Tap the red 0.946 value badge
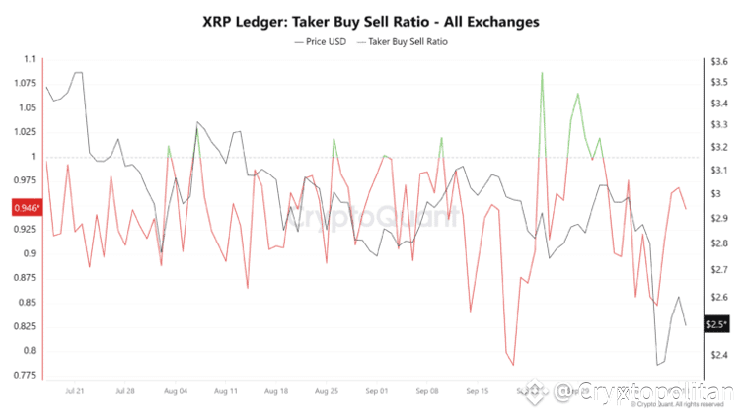tap(25, 208)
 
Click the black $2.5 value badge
tap(717, 324)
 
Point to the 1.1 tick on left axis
tap(28, 61)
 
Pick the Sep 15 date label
tap(478, 391)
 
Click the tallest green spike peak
tap(542, 73)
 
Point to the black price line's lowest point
tap(657, 366)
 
